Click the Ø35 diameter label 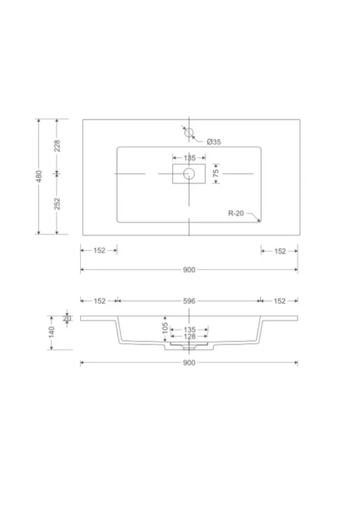click(214, 142)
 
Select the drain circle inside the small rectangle click(189, 174)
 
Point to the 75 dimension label click(216, 173)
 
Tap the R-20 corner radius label click(236, 213)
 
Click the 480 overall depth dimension click(39, 176)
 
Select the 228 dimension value click(57, 146)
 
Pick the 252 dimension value click(57, 204)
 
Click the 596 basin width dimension click(189, 301)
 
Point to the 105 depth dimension click(165, 327)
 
